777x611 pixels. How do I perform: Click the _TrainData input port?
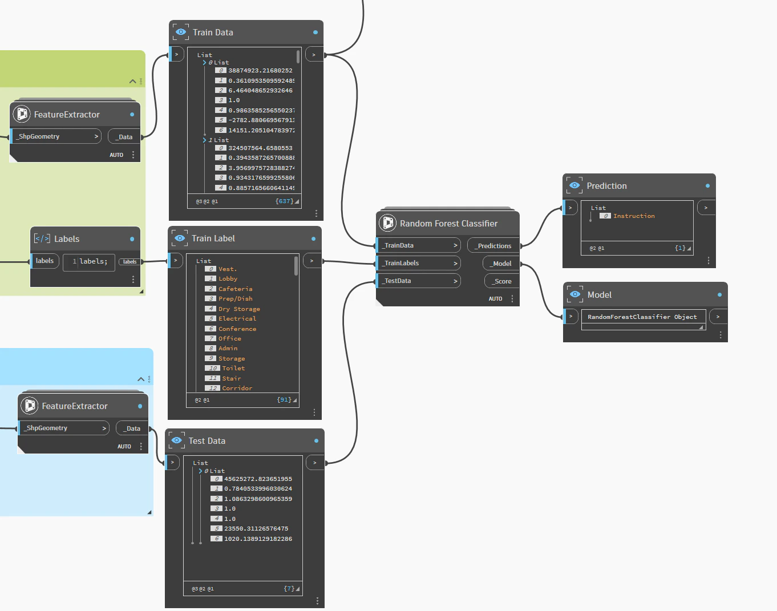[x=418, y=245]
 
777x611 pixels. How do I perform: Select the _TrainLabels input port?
[x=418, y=263]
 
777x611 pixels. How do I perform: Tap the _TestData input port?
[x=418, y=281]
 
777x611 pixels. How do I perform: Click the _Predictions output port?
[x=494, y=246]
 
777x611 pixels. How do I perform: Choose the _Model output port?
[x=501, y=264]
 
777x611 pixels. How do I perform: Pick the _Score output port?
[x=502, y=281]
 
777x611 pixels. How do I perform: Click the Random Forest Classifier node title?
[x=448, y=224]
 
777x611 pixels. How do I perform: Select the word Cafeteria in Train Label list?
[x=235, y=289]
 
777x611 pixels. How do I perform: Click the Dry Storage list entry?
[x=239, y=309]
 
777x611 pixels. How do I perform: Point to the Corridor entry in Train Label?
[x=237, y=388]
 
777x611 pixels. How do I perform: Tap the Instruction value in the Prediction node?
[x=634, y=216]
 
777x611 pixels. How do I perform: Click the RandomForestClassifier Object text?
[x=642, y=317]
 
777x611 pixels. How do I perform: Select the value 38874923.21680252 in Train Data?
[x=260, y=71]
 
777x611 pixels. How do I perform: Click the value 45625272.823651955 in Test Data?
[x=258, y=479]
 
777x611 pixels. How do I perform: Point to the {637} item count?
[x=284, y=201]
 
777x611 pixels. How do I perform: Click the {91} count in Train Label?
[x=284, y=400]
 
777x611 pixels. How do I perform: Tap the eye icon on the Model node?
[x=575, y=294]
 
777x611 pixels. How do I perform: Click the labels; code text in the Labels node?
[x=93, y=261]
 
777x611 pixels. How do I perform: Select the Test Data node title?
[x=207, y=441]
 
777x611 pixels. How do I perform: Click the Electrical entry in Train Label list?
[x=237, y=318]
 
